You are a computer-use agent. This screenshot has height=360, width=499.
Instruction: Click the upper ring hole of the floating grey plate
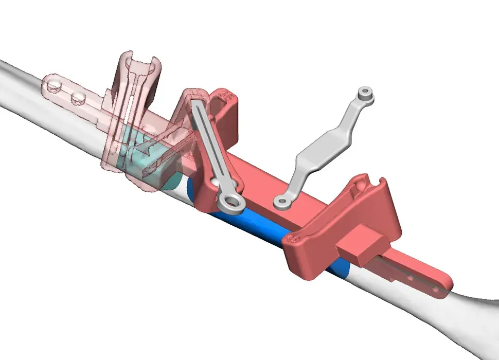(x=366, y=93)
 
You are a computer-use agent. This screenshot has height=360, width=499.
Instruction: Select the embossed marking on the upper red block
(x=226, y=96)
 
